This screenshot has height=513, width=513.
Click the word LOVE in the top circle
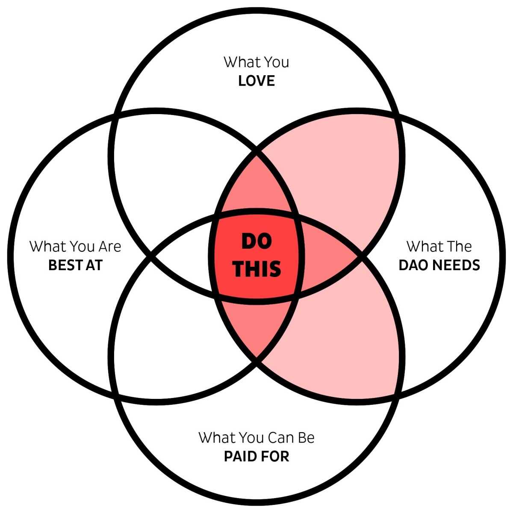[256, 81]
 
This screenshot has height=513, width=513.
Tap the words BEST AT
[75, 265]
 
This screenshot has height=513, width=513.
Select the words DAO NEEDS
[439, 265]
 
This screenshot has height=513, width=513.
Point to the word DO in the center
[256, 241]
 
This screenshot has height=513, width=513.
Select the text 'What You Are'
[75, 246]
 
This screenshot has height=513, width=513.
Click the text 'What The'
[439, 246]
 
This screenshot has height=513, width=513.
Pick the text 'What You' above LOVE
[256, 62]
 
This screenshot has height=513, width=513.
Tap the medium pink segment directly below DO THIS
[256, 325]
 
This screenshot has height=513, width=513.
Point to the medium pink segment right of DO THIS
[325, 256]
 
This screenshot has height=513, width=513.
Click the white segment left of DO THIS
[186, 256]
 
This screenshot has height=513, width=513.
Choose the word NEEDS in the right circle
[456, 265]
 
